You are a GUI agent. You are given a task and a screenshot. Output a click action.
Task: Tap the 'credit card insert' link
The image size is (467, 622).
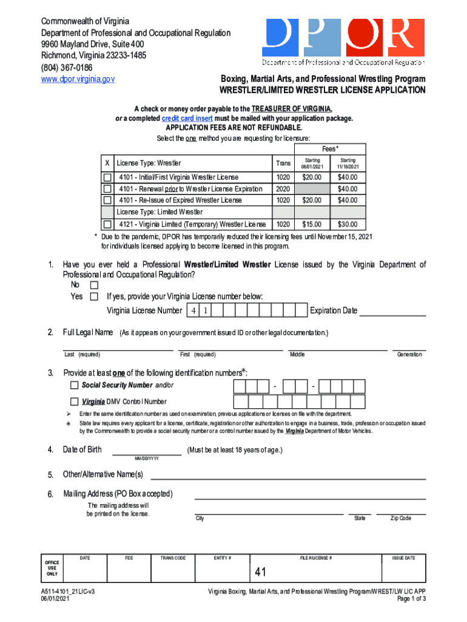187,118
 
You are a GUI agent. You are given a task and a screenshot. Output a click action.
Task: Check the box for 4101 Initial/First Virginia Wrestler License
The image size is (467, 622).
107,177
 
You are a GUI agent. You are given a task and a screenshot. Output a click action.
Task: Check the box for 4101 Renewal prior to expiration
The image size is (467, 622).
107,189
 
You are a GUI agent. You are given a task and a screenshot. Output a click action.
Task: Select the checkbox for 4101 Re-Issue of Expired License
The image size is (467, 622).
107,200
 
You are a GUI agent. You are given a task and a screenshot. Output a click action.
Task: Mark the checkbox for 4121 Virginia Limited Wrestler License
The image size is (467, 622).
107,224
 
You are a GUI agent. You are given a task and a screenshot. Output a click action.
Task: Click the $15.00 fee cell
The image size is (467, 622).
312,224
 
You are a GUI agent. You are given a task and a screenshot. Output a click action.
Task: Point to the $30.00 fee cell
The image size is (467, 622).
348,224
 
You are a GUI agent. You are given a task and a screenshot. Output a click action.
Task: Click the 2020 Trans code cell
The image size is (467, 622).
283,189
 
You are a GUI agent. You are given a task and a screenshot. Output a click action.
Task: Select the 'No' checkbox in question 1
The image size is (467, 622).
94,285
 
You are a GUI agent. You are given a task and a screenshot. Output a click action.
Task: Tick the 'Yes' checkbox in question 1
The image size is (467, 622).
94,296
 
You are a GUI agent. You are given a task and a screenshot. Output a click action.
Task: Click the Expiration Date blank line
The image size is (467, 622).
392,312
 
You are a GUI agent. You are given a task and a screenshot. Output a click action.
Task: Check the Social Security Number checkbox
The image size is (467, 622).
74,385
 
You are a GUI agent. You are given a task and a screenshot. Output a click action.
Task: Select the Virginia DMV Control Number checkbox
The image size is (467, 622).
74,401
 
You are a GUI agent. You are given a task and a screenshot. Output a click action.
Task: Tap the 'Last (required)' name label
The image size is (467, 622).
82,355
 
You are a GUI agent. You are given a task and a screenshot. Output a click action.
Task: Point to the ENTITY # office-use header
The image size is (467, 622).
223,558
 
